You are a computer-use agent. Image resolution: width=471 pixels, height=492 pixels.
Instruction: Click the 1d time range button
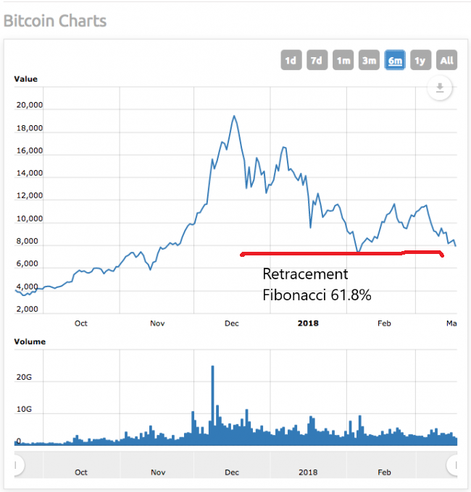coord(291,60)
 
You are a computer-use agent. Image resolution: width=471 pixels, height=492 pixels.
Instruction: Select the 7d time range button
coord(317,60)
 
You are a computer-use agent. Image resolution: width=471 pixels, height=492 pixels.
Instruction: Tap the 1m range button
coord(343,60)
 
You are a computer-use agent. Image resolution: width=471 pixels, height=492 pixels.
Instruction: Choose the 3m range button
coord(369,60)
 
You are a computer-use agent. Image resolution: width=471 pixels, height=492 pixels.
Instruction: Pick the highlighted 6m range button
coord(395,60)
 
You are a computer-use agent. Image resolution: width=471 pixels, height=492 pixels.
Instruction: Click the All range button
coord(446,60)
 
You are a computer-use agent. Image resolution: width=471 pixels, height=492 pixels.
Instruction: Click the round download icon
coord(439,88)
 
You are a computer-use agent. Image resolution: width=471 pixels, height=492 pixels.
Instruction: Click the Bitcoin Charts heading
coord(55,20)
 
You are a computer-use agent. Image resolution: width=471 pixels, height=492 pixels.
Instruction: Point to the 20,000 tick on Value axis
coord(30,105)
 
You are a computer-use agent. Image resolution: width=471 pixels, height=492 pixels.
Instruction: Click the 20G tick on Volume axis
coord(25,377)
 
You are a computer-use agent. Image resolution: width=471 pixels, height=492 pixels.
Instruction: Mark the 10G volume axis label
coord(25,410)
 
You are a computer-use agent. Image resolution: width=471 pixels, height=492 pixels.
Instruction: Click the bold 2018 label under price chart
coord(309,323)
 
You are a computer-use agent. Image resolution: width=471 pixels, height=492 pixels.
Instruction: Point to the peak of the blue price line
coord(233,116)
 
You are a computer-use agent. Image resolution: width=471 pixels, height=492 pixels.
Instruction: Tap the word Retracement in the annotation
coord(305,275)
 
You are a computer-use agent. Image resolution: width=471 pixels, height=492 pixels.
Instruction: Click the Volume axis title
coord(30,342)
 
